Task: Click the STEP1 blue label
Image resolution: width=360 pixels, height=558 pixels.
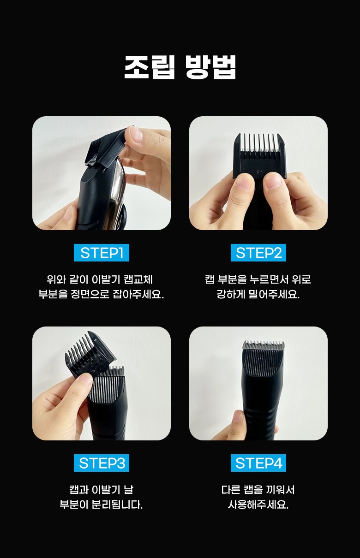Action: (102, 253)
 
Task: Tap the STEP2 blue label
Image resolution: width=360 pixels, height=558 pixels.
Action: (258, 253)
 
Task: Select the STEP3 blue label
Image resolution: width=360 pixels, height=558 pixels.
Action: (102, 463)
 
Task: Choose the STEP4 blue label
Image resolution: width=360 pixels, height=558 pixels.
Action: (258, 463)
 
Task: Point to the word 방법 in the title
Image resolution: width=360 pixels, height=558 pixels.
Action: (210, 67)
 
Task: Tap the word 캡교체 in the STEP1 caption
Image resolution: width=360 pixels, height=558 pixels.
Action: (138, 279)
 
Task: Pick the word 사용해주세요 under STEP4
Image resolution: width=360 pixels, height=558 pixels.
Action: (258, 505)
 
